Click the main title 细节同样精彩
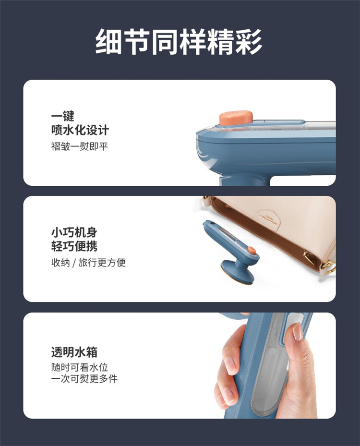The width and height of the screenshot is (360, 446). pos(179,42)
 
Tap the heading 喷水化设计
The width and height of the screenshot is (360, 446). pos(80,130)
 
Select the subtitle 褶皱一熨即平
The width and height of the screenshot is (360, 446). pos(79,146)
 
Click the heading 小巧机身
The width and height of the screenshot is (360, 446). pos(74,232)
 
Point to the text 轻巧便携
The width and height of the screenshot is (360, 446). pos(74,246)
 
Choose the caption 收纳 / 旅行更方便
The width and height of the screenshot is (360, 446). pos(88,263)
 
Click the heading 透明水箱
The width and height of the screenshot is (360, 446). pos(74,352)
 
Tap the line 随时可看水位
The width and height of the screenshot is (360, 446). pos(80,367)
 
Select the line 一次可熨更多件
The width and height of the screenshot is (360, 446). pos(84,379)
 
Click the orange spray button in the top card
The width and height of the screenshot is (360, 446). pos(236,118)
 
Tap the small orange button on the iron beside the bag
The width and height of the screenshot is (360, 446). pos(252,251)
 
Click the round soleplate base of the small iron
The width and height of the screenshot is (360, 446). pos(238,272)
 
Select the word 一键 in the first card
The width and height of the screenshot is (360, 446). pos(62,116)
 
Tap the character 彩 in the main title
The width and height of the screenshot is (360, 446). pos(249,42)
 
